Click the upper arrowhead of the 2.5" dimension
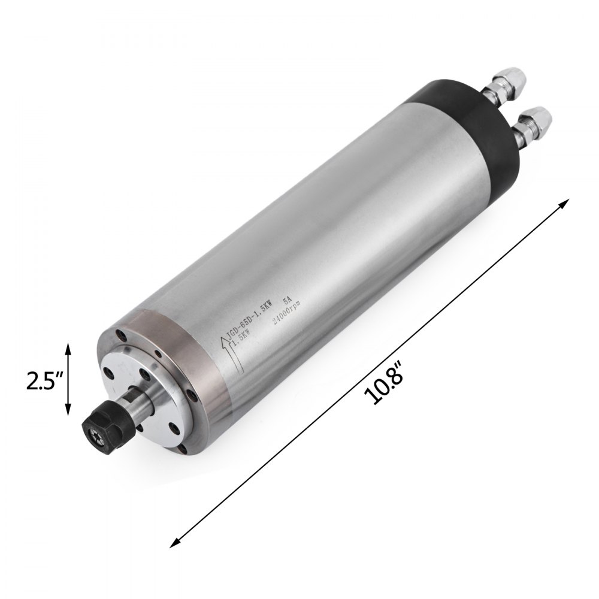click(x=68, y=349)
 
